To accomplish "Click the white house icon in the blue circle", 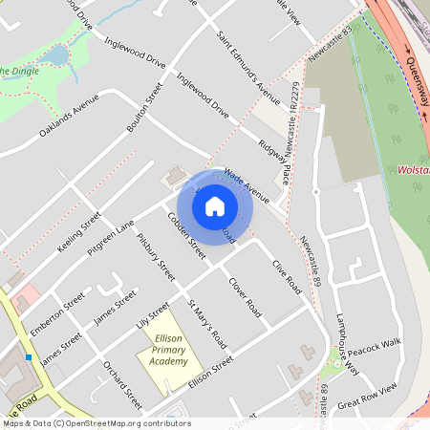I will tap(215, 205).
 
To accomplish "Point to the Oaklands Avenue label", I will tap(69, 115).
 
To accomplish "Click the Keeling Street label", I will tap(79, 232).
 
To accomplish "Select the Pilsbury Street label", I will tap(157, 258).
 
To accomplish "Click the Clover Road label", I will tap(246, 296).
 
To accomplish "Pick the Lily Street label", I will tap(153, 315).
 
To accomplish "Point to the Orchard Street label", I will tap(122, 383).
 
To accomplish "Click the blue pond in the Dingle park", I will tap(57, 55).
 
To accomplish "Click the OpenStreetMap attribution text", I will tap(97, 422).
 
